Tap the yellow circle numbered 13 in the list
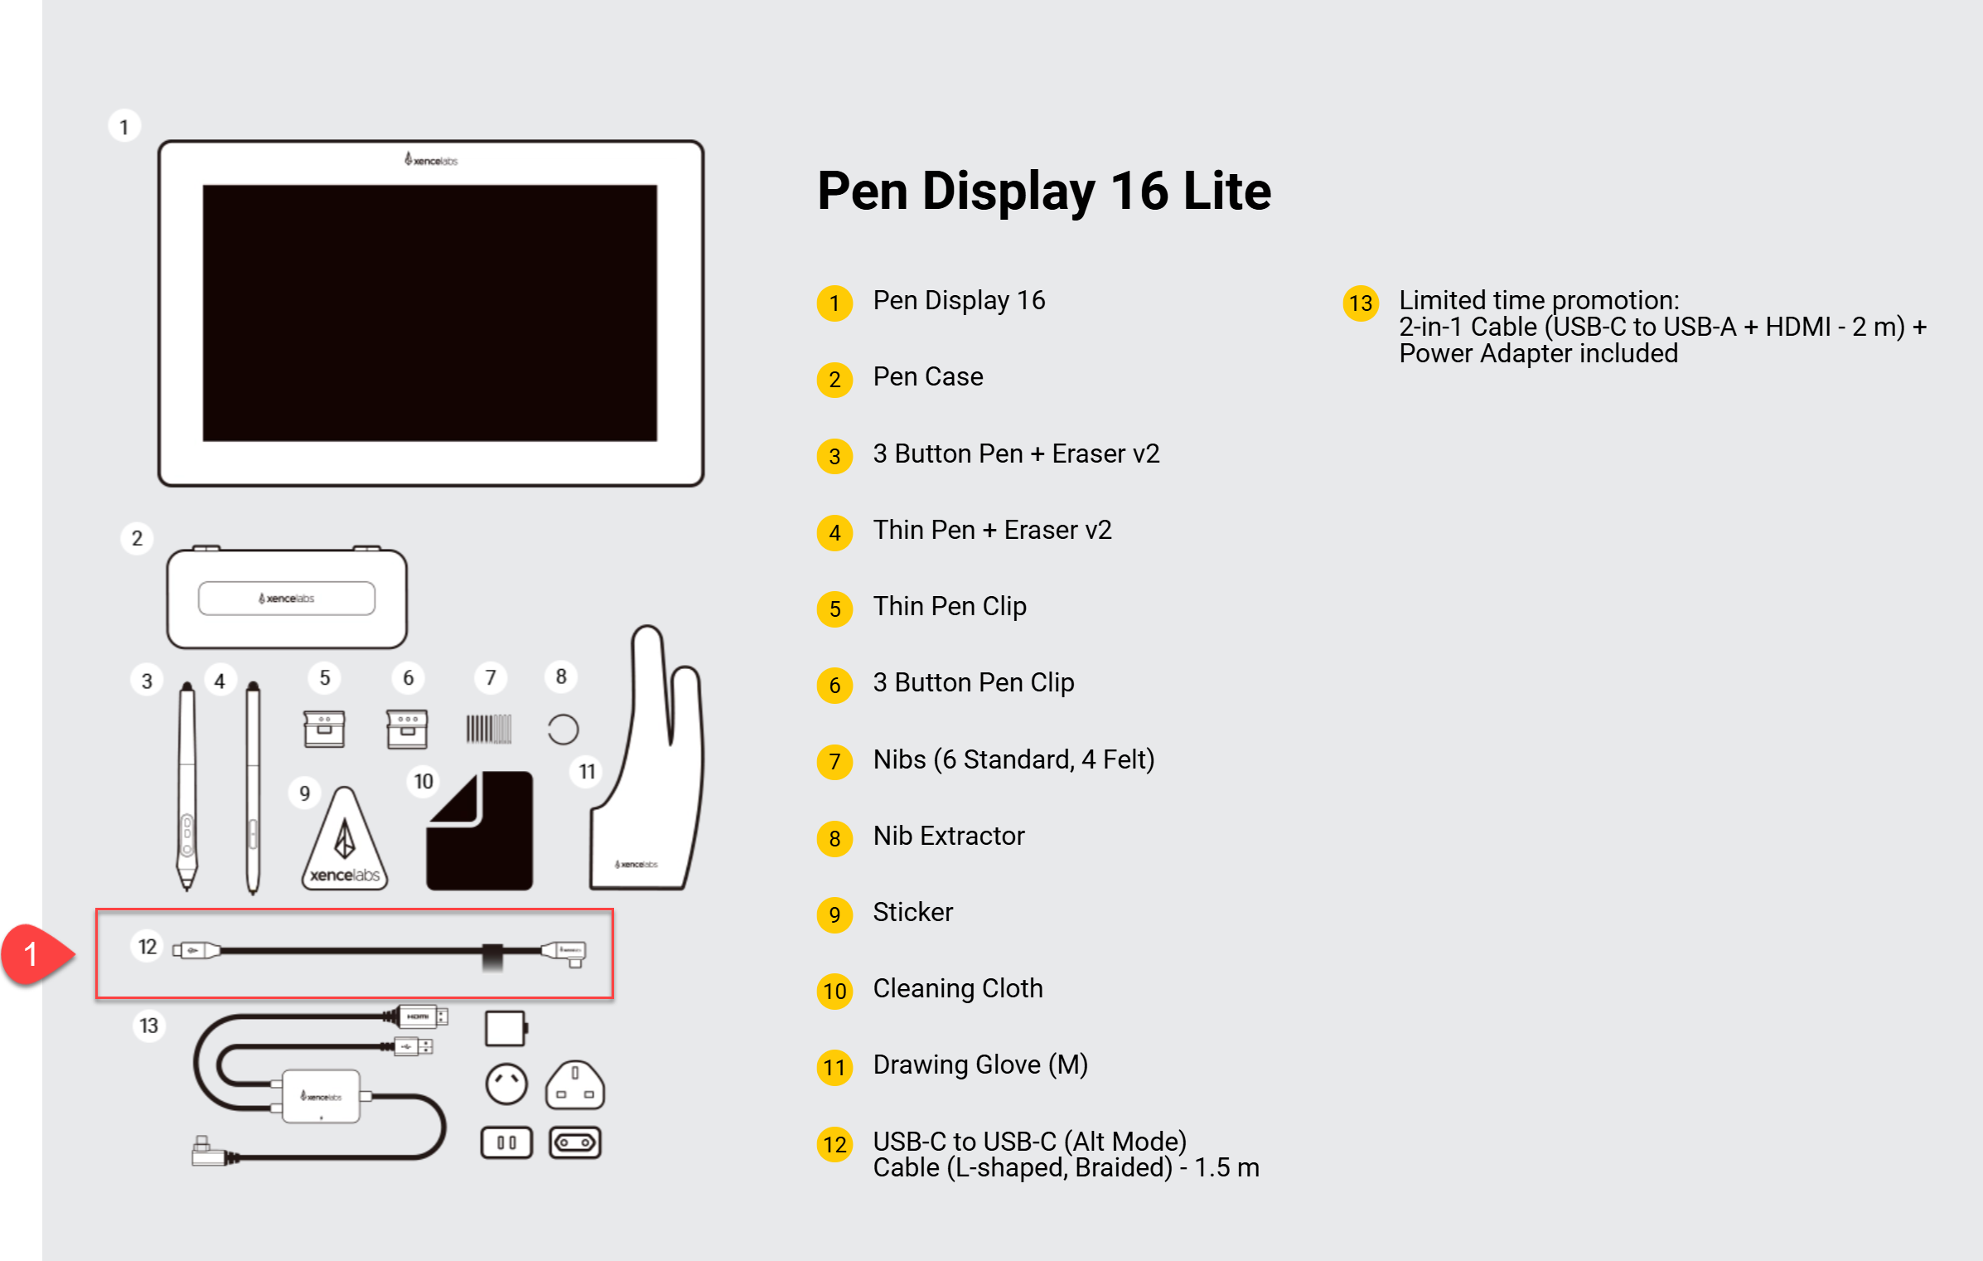coord(1360,303)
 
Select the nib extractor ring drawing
coord(563,730)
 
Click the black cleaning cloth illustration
coord(480,831)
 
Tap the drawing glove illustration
coord(646,758)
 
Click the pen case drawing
coord(287,597)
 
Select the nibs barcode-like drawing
coord(489,729)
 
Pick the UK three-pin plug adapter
coord(575,1085)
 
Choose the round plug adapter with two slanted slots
coord(506,1084)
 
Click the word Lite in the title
coord(1227,191)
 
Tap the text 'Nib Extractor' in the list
coord(949,836)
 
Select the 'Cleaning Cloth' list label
coord(958,988)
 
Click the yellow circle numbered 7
coord(834,762)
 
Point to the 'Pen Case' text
coord(928,376)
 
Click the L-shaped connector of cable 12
coord(565,953)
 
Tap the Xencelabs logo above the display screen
coord(431,159)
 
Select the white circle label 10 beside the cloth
coord(423,781)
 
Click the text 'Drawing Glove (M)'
coord(980,1065)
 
